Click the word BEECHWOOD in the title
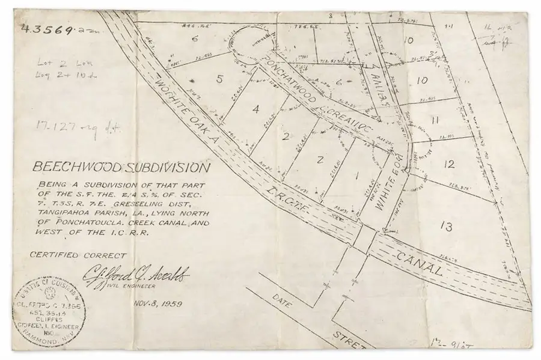77,167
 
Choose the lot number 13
445,227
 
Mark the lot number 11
435,120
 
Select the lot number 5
220,79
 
